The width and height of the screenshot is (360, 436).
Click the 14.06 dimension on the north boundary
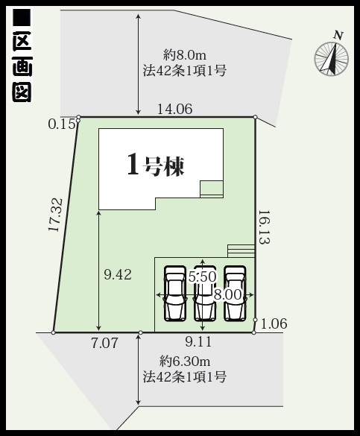pos(175,109)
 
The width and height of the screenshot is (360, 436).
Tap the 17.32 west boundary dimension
pos(54,215)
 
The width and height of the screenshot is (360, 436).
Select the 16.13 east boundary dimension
pos(264,227)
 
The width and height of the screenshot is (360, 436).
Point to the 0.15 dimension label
pos(62,124)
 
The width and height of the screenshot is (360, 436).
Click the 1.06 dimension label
pos(274,323)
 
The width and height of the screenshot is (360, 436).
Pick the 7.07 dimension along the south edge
pos(104,343)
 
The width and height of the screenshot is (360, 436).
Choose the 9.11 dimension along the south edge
pos(198,342)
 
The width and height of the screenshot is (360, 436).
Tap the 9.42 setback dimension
pos(118,275)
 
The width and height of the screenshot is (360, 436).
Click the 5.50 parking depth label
pos(203,277)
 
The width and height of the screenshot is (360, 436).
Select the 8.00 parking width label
pos(227,294)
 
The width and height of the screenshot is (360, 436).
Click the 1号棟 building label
pos(156,166)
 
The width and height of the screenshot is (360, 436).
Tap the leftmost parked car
pos(175,294)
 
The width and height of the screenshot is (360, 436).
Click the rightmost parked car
pos(236,294)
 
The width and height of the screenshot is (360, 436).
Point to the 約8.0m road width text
pos(185,56)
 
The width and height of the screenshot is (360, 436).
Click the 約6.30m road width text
pos(185,361)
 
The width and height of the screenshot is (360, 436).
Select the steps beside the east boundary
pos(241,251)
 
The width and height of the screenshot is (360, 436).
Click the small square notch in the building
pos(212,189)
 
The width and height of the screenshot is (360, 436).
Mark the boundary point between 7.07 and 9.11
pos(141,332)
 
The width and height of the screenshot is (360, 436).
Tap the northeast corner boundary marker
pos(256,117)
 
